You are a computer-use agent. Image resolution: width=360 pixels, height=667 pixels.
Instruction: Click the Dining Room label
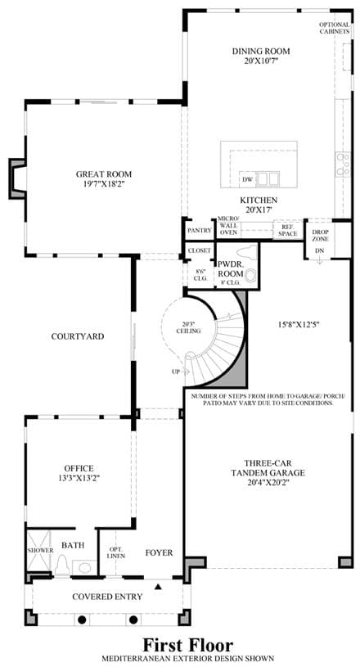coord(261,52)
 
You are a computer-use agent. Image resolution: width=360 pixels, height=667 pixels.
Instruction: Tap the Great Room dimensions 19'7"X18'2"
coord(104,184)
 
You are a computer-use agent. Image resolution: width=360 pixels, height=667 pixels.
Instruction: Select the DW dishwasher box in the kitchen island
coord(247,179)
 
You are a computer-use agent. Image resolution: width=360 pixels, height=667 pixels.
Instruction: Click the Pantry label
coord(200,231)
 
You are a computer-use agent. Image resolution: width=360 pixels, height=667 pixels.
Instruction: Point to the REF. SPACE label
coord(289,231)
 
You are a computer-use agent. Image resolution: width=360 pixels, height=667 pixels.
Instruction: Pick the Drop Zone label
coord(319,236)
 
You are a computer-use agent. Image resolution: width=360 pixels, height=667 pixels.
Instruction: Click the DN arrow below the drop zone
coord(319,260)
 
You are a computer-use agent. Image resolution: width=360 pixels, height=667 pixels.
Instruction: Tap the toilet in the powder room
coord(245,250)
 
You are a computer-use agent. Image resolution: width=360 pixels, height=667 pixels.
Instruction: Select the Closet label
coord(200,250)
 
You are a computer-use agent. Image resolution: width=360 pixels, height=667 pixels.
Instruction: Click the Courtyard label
coord(78,336)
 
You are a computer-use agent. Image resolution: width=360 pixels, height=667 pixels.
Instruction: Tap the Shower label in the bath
coord(40,551)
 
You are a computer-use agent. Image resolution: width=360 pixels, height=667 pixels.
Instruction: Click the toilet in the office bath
coord(62,564)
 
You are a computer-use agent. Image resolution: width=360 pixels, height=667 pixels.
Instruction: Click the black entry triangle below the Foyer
coord(159,587)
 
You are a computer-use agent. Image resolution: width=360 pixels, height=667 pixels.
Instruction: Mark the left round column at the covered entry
coord(82,619)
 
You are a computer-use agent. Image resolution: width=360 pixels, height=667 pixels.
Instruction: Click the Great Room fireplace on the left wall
coord(17,178)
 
